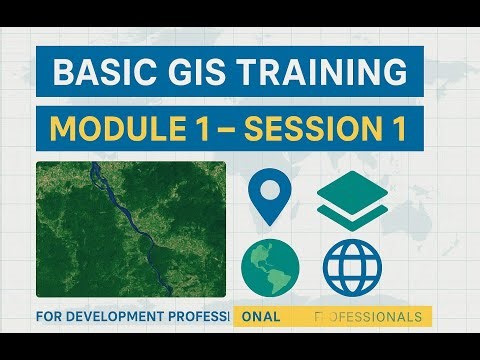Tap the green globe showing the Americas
click(270, 266)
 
